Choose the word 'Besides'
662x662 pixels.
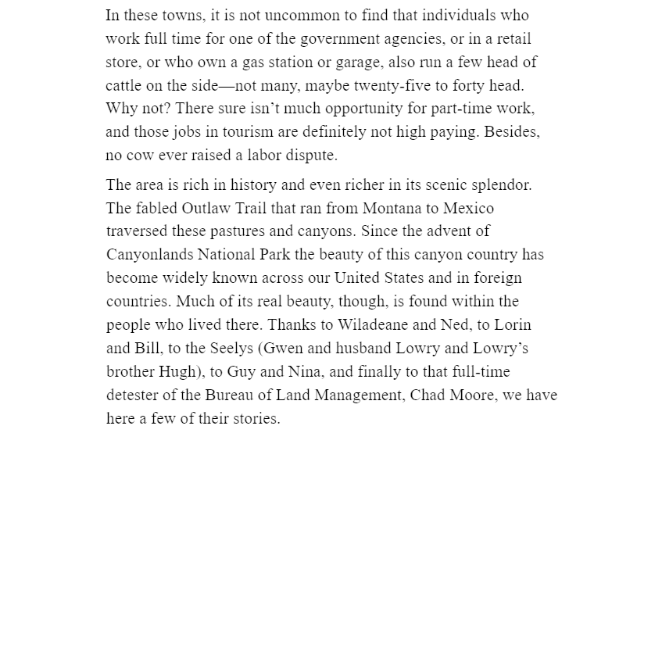click(x=512, y=132)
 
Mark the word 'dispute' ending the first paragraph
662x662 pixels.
click(x=311, y=156)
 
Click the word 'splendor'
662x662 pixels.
click(x=501, y=185)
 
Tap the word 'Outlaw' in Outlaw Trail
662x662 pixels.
click(x=206, y=209)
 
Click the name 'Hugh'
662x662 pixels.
click(x=178, y=372)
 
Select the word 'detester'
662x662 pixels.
click(x=132, y=395)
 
